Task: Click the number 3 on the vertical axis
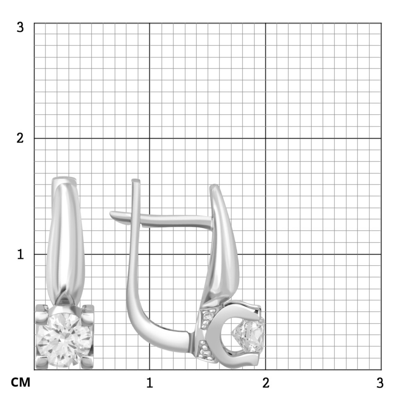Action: click(x=20, y=27)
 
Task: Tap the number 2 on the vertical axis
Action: click(x=20, y=138)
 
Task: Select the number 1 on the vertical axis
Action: click(x=20, y=254)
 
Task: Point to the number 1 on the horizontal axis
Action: click(x=149, y=383)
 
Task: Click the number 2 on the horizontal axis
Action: click(x=266, y=383)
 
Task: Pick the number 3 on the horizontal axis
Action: click(x=380, y=383)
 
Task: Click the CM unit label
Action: click(x=21, y=383)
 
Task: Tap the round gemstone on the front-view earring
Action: click(x=64, y=340)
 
